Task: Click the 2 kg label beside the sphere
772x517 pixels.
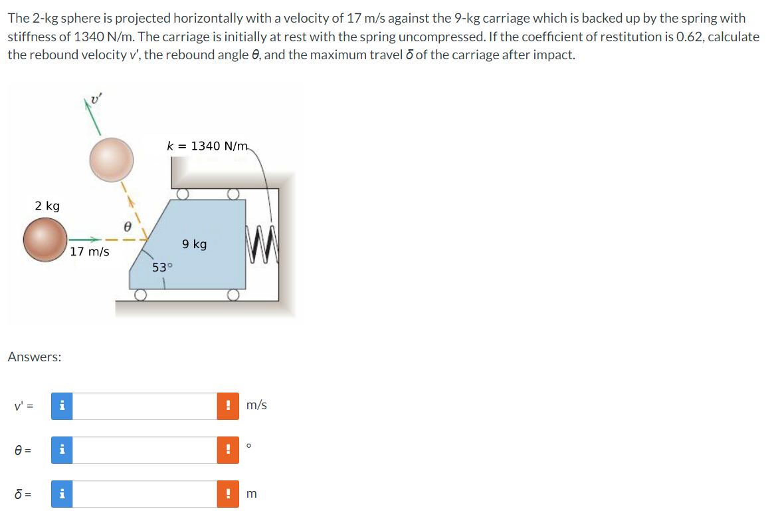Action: tap(47, 206)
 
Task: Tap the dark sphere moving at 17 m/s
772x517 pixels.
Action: tap(45, 240)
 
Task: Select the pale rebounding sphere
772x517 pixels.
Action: tap(112, 159)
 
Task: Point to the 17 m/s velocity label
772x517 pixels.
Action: tap(90, 252)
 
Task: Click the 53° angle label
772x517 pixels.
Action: tap(162, 267)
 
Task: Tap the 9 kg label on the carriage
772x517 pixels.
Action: tap(194, 244)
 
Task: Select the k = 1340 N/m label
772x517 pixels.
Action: tap(207, 146)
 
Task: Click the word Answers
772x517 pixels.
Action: tap(35, 357)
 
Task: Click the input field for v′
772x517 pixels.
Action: tap(144, 406)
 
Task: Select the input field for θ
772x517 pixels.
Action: tap(144, 450)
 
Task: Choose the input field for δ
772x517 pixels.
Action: tap(144, 494)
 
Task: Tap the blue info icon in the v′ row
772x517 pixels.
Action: tap(62, 406)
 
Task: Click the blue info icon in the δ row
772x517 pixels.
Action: tap(62, 494)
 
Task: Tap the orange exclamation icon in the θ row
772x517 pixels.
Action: tap(228, 450)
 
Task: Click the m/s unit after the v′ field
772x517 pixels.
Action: tap(256, 405)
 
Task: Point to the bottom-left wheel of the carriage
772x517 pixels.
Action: tap(140, 295)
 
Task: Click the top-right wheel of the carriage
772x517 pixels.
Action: tap(232, 194)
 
